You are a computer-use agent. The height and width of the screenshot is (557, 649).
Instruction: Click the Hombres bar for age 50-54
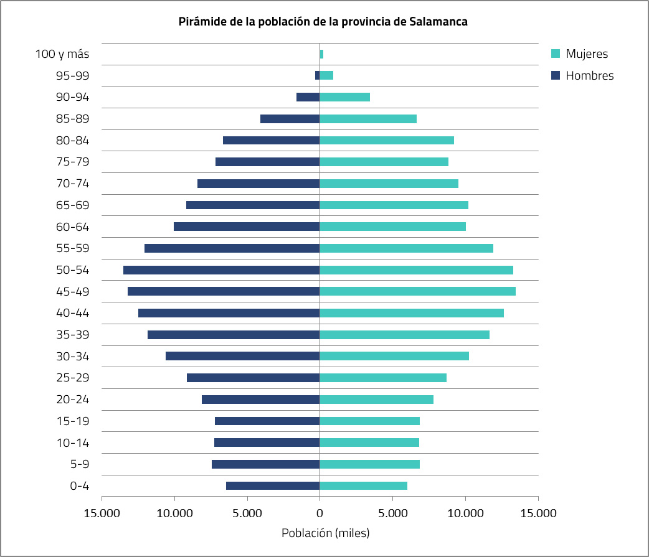tap(221, 270)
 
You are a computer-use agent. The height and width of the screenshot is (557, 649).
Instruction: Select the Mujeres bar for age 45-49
tap(417, 291)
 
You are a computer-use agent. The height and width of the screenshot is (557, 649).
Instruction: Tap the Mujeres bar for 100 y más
tap(321, 54)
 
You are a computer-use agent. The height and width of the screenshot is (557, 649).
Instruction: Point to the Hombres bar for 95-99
tap(317, 75)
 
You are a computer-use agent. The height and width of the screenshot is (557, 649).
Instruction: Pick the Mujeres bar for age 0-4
tap(363, 485)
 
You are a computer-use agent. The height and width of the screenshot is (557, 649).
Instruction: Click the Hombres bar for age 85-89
tap(290, 119)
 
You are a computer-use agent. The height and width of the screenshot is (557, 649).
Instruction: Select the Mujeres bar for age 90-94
tap(344, 97)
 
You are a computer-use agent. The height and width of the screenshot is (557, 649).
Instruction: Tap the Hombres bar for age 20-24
tap(260, 400)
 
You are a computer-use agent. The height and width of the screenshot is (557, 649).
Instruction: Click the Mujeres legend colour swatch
tap(556, 54)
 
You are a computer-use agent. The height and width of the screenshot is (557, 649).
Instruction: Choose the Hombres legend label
tap(589, 76)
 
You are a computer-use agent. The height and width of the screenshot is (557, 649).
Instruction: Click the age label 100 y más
tap(62, 54)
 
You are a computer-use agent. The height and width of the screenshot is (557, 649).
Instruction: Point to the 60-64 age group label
tap(72, 227)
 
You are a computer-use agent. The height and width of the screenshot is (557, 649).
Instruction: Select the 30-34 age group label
tap(72, 356)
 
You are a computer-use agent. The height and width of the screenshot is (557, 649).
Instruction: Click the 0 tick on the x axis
tap(320, 513)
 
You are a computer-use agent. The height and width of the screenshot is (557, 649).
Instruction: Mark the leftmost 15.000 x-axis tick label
tap(102, 513)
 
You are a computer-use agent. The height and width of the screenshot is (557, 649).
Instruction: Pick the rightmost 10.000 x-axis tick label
tap(465, 513)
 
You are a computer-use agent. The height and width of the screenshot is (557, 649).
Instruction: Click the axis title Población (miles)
tap(325, 533)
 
